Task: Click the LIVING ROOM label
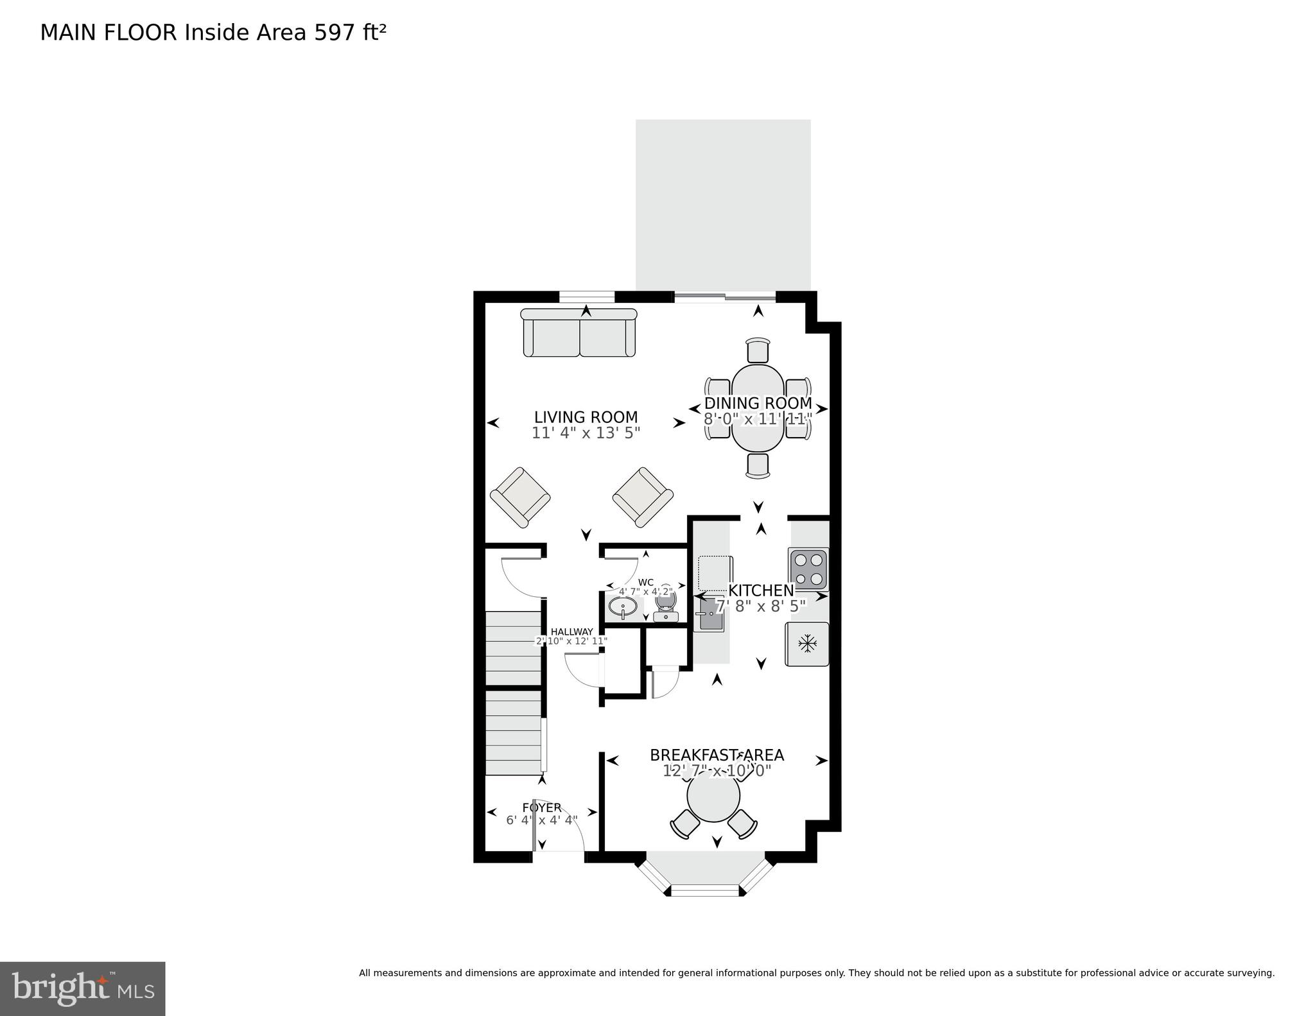point(586,418)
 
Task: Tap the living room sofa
point(579,333)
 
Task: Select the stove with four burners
point(808,569)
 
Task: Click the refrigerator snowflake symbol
point(806,644)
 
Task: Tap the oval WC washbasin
point(622,607)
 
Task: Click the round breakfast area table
point(713,796)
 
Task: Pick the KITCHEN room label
point(761,590)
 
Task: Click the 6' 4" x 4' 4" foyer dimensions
point(542,820)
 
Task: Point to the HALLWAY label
point(571,632)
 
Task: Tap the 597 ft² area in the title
point(350,33)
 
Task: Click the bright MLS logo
point(83,988)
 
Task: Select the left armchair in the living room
point(520,497)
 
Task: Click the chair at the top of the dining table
point(758,350)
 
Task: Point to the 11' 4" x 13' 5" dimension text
point(586,433)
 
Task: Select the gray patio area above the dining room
point(723,205)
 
